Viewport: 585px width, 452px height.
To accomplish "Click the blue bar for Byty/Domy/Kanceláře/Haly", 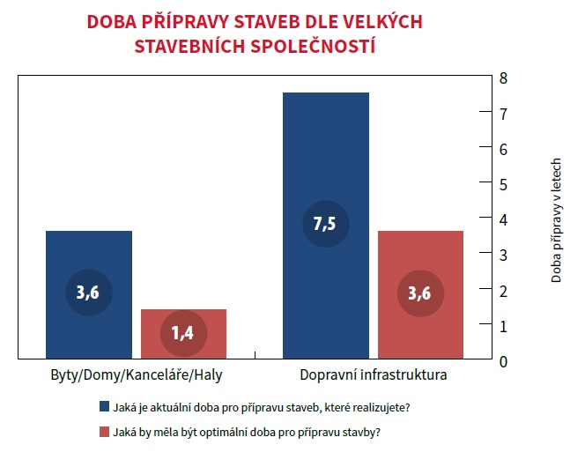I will pos(88,256).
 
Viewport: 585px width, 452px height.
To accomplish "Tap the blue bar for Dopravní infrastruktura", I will pos(325,159).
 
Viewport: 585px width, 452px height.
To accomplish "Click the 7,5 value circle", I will pos(325,224).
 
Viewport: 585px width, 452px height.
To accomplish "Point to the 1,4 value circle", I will pos(184,333).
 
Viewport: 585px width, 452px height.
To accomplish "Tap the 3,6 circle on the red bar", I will pos(420,294).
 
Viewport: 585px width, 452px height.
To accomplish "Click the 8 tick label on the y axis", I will pos(503,78).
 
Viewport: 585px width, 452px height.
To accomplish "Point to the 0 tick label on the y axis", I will pos(503,361).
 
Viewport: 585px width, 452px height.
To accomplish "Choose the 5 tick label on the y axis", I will pos(503,184).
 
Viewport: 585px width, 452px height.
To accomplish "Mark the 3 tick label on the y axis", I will pos(503,256).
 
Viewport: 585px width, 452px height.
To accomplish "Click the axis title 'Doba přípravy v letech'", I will pos(557,220).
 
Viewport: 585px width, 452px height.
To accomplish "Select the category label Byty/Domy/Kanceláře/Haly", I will pos(136,375).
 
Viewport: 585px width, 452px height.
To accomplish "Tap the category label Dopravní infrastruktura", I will pos(374,375).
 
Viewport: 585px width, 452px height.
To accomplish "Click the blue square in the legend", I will pos(104,407).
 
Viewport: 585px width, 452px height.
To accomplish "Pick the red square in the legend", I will pos(104,433).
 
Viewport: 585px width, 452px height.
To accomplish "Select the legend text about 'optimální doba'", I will pos(246,433).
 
